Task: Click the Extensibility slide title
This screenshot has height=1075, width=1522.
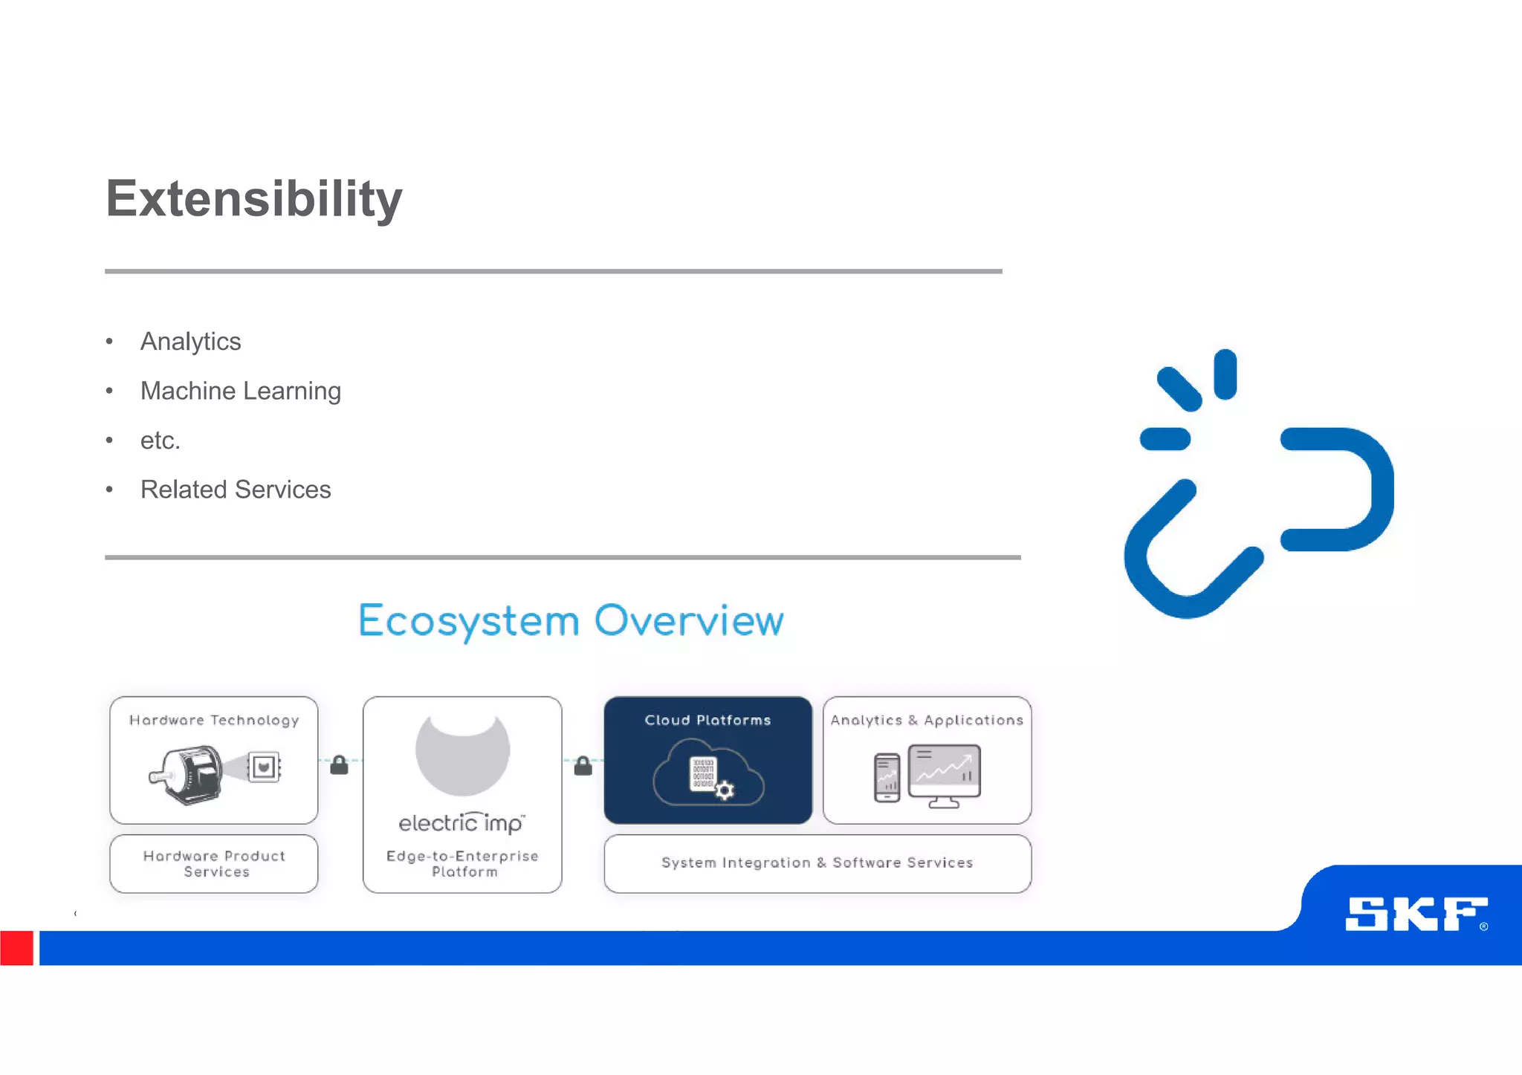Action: tap(253, 199)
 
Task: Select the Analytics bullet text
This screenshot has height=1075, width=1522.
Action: tap(190, 342)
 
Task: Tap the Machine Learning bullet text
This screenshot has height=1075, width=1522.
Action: tap(240, 391)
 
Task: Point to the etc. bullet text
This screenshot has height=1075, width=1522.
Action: tap(160, 441)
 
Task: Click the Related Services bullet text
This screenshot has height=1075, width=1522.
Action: tap(235, 490)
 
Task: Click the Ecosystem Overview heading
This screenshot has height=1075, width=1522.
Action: tap(571, 620)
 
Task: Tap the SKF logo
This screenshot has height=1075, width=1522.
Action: tap(1416, 914)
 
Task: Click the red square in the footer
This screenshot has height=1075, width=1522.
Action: tap(16, 948)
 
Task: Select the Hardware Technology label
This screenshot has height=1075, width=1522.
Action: tap(214, 720)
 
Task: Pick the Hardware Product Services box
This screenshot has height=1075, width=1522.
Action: tap(214, 864)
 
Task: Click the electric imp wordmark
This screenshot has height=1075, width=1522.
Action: tap(462, 823)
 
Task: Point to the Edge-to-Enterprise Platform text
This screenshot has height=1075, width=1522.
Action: tap(462, 864)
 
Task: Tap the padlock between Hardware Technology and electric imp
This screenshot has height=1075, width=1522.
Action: tap(339, 765)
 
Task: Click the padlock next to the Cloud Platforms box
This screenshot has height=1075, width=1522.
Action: tap(583, 766)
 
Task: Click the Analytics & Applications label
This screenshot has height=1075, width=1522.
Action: tap(927, 720)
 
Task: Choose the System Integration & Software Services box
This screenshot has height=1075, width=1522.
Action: tap(817, 863)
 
